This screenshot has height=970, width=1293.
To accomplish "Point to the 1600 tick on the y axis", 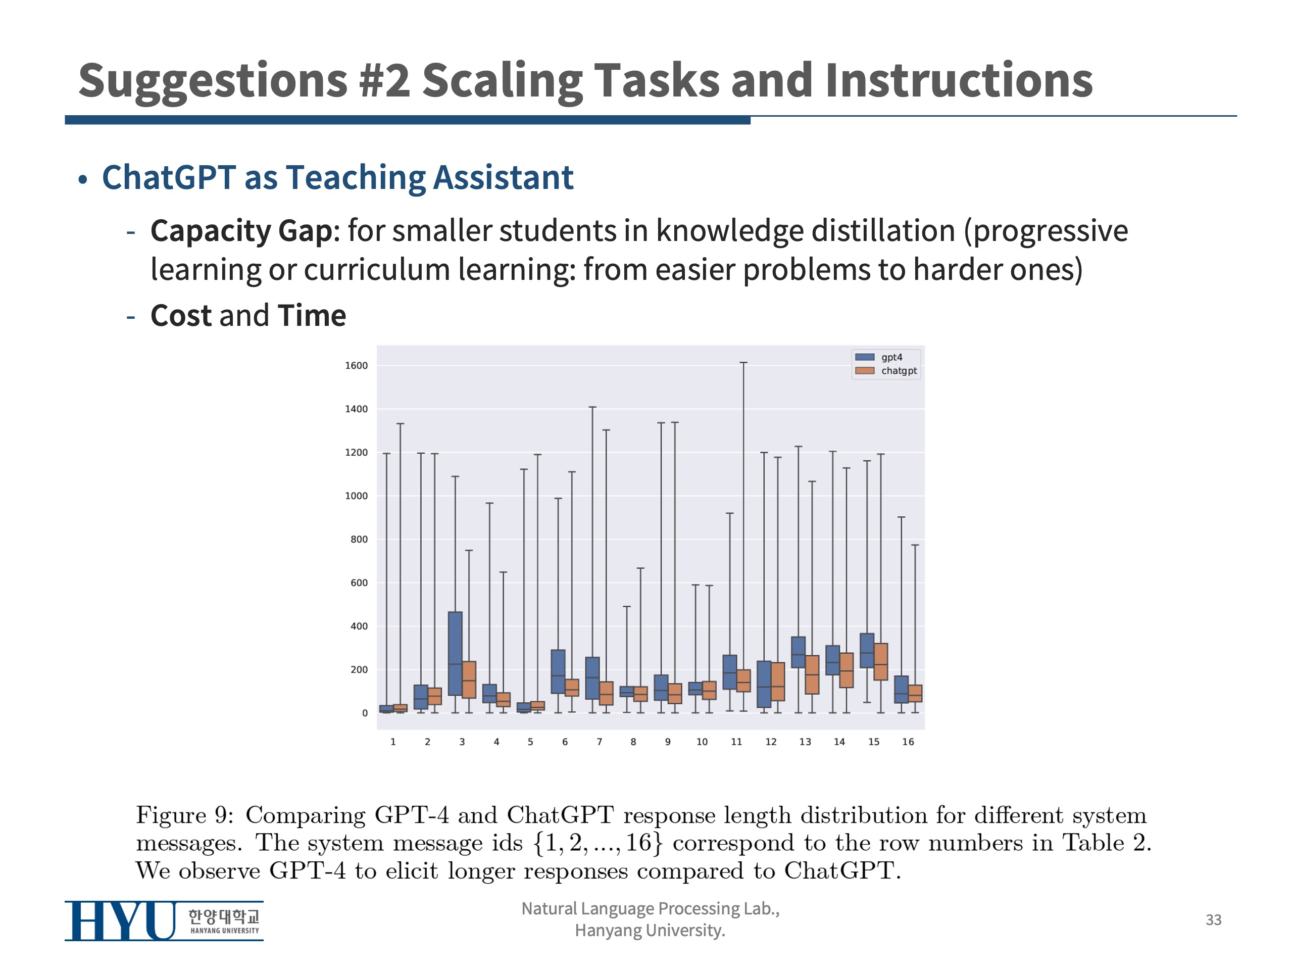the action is (x=356, y=365).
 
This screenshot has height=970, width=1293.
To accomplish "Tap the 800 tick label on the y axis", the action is (x=359, y=539).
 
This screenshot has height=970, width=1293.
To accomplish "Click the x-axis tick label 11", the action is (x=736, y=741).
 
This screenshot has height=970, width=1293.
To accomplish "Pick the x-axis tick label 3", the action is (x=462, y=741).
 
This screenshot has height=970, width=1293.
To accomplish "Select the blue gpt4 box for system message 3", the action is (x=456, y=654).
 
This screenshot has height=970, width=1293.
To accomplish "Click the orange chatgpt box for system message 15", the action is (x=881, y=662).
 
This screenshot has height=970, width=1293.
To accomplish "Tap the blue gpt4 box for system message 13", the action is (x=799, y=652).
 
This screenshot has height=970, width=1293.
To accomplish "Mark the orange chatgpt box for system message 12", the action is (x=778, y=682).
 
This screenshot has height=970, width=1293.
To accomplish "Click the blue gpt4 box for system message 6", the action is (x=558, y=672).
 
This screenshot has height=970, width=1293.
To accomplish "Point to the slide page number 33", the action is (x=1214, y=919).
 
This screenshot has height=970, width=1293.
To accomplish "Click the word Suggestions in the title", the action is (x=213, y=82).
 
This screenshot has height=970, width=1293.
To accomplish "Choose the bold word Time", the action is (x=312, y=316).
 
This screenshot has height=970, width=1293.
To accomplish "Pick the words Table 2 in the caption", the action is (x=1107, y=843).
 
